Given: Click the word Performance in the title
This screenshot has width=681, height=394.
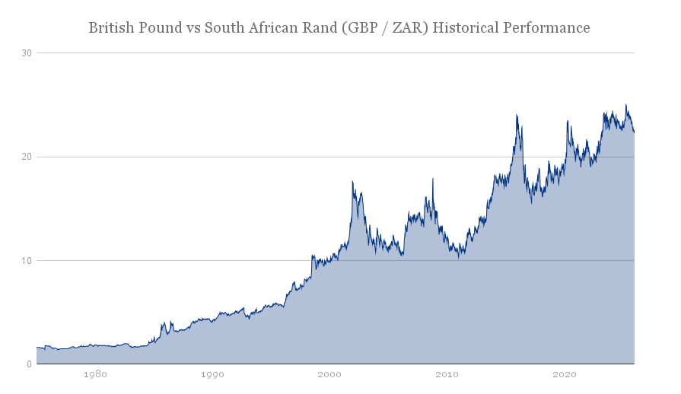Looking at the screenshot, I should point(546,28).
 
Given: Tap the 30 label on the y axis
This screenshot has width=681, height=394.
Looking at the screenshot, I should point(27,53).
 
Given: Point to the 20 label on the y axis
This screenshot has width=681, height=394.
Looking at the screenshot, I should point(27,157).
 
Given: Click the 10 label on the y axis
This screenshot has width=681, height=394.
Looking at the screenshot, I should point(27,261).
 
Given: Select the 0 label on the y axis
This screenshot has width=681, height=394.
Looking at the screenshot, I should point(30,364).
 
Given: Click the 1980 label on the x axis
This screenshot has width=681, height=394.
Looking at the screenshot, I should point(95,374).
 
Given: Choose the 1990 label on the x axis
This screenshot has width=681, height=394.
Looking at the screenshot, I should point(212,374).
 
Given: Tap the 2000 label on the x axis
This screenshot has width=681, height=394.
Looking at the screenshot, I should point(329,374).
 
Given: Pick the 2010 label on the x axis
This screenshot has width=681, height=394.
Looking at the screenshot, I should point(447,374).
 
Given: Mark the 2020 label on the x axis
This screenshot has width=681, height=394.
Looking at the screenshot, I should point(564,374).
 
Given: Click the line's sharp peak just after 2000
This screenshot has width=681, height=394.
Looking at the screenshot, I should point(352,182).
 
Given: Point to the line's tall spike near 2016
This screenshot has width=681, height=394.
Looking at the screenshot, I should point(517,115).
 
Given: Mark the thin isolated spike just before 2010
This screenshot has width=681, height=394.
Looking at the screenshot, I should point(433,179).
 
